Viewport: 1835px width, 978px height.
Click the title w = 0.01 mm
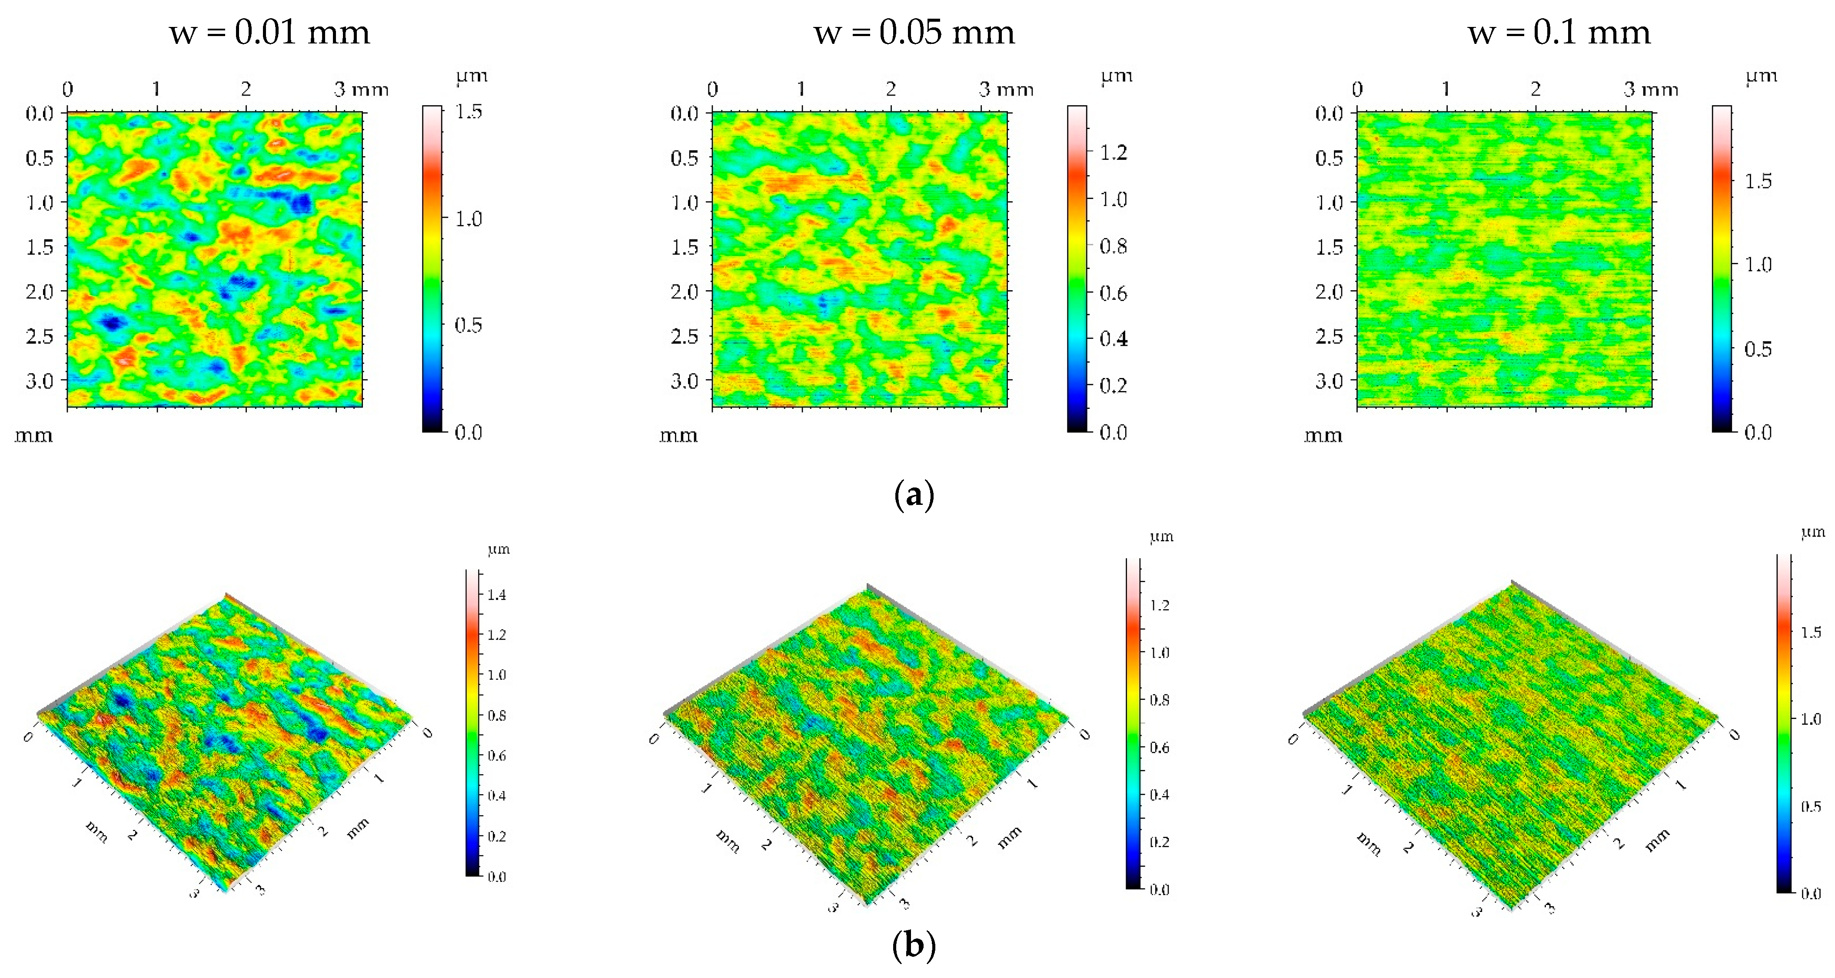click(269, 33)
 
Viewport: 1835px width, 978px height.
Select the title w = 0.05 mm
click(914, 33)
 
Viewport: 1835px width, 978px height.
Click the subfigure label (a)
click(913, 494)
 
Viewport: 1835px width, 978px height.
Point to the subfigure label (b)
click(913, 945)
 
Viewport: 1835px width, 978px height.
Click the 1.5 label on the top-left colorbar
click(468, 112)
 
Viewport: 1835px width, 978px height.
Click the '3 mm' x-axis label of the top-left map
click(361, 89)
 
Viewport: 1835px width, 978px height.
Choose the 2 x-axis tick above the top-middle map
click(891, 89)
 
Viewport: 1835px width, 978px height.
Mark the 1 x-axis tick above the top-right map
click(1446, 89)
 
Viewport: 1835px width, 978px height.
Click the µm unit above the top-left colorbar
click(472, 76)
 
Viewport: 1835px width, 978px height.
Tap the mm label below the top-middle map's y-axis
click(678, 434)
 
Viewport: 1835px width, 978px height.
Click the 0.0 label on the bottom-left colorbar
click(496, 877)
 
